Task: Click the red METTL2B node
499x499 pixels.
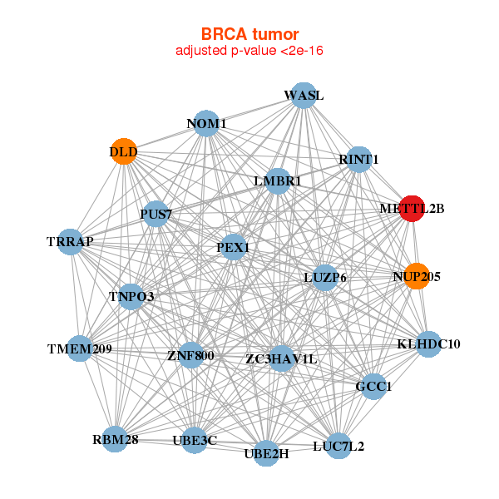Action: tap(412, 209)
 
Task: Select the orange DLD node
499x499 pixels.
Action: tap(124, 152)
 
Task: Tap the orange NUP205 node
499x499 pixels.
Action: tap(416, 276)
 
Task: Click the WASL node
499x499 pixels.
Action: tap(304, 96)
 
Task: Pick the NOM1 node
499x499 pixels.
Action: tap(206, 125)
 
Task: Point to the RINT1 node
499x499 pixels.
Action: tap(358, 160)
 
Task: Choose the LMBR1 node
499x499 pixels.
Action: tap(278, 180)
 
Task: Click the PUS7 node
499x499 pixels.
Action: tap(156, 215)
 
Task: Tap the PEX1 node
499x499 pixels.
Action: tap(234, 247)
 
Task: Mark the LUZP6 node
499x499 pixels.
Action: tap(325, 276)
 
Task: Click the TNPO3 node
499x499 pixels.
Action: tap(131, 296)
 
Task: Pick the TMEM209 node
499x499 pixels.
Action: tap(80, 348)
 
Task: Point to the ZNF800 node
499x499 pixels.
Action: tap(190, 356)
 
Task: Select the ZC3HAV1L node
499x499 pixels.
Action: tap(281, 359)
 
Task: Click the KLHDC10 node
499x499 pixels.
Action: tap(427, 343)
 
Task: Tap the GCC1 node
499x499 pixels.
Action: tap(373, 386)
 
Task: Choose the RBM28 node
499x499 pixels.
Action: tap(115, 438)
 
